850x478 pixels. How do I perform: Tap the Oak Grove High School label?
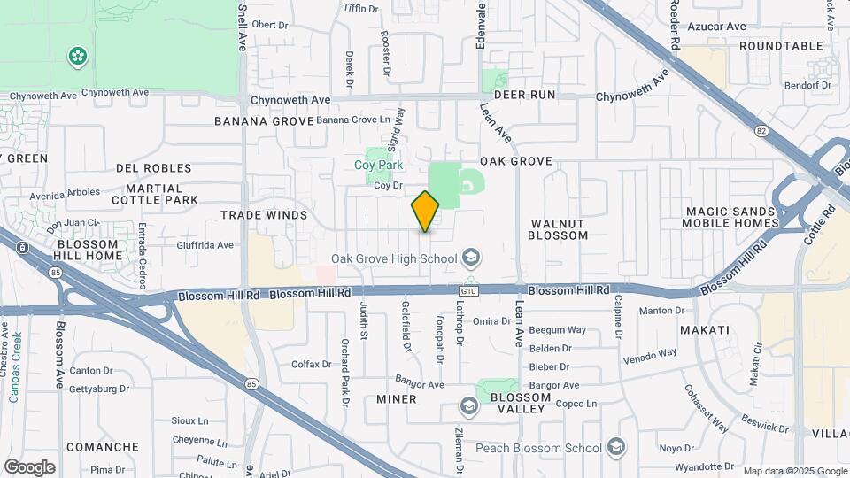click(x=393, y=258)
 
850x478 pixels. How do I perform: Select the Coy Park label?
click(x=379, y=165)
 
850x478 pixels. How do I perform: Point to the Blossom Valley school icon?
click(x=468, y=405)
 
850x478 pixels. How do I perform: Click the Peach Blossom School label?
click(x=538, y=448)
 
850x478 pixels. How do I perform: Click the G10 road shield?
click(x=468, y=289)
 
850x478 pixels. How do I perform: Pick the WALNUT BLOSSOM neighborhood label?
click(x=558, y=229)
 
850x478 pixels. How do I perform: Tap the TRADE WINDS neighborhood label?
click(x=264, y=215)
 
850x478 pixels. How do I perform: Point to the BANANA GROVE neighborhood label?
click(x=264, y=120)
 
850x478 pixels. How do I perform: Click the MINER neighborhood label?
click(x=396, y=399)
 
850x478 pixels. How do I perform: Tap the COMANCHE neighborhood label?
click(x=103, y=447)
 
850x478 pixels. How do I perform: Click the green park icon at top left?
click(x=79, y=57)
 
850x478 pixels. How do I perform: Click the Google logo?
click(x=29, y=466)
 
